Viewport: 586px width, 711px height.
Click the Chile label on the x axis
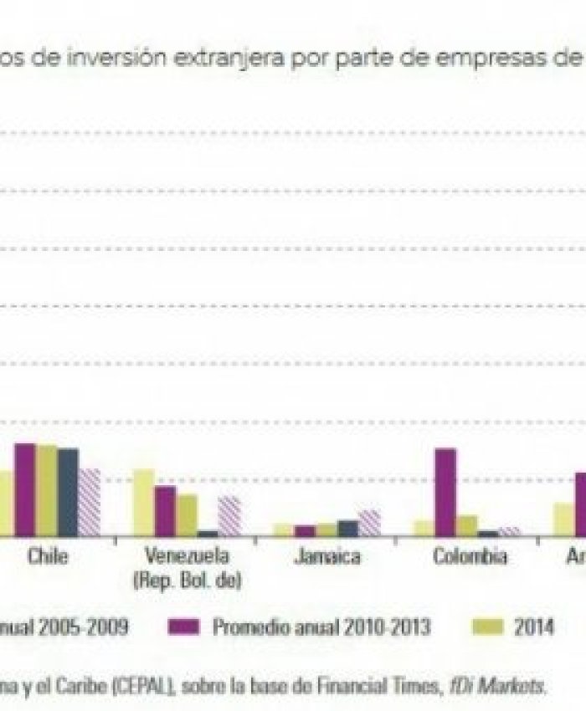click(48, 556)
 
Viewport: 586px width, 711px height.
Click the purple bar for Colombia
click(445, 492)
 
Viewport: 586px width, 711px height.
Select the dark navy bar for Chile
click(68, 492)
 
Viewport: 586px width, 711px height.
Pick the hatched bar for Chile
click(89, 502)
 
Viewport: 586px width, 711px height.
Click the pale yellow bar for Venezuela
click(144, 502)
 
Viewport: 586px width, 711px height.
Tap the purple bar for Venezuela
click(165, 510)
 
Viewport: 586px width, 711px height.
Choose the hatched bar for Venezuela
click(229, 515)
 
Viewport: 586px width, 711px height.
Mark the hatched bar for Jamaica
click(369, 523)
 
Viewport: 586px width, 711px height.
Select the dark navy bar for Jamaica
click(347, 528)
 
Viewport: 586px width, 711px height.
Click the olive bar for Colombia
click(467, 525)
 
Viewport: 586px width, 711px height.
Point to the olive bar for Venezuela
click(187, 514)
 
